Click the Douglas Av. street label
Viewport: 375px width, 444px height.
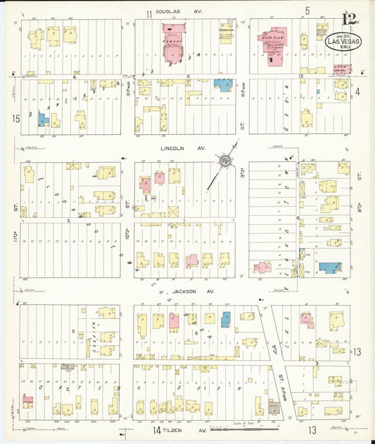(176, 14)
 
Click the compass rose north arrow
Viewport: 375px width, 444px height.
(225, 162)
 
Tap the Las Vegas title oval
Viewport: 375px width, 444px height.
(344, 41)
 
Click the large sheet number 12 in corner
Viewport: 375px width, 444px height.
(348, 19)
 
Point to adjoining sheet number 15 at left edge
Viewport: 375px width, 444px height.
(15, 119)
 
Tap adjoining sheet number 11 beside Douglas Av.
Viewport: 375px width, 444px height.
(149, 14)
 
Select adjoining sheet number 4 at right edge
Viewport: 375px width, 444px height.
(357, 91)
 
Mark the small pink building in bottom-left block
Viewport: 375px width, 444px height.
(27, 400)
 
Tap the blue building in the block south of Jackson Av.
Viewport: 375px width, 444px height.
(226, 319)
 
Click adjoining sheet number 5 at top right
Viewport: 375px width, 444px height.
(307, 11)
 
